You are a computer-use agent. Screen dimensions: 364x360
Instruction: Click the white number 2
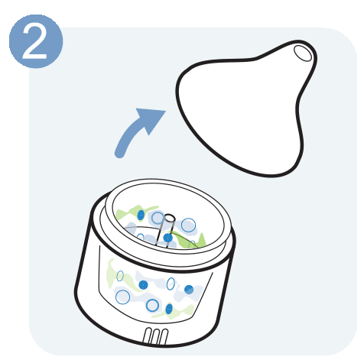coord(35,41)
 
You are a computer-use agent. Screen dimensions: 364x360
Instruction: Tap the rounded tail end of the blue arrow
coord(119,154)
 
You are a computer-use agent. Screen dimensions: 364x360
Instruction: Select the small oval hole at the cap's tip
coord(303,53)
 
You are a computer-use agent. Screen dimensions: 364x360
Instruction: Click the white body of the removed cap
coord(242,112)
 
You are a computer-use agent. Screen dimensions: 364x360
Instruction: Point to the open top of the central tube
coord(169,218)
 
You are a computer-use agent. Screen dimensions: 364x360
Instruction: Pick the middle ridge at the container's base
coord(156,336)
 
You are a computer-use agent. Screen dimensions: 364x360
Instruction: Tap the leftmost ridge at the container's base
coord(148,335)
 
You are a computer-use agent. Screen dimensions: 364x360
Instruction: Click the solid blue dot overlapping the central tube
coord(167,238)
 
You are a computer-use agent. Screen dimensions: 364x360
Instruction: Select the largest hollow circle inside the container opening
coord(188,225)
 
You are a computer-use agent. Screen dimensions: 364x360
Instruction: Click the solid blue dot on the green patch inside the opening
coord(141,215)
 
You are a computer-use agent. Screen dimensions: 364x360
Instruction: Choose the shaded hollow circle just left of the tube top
coord(158,218)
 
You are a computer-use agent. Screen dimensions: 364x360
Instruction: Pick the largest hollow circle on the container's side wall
coord(122,297)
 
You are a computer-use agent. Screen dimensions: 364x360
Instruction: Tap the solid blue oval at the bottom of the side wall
coord(169,309)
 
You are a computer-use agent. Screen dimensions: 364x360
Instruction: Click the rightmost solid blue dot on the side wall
coord(189,290)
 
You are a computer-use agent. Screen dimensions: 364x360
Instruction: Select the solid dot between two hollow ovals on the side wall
coord(143,284)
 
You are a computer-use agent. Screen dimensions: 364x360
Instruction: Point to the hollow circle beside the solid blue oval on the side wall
coord(152,306)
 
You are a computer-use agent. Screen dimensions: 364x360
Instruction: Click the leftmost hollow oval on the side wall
coord(120,276)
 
